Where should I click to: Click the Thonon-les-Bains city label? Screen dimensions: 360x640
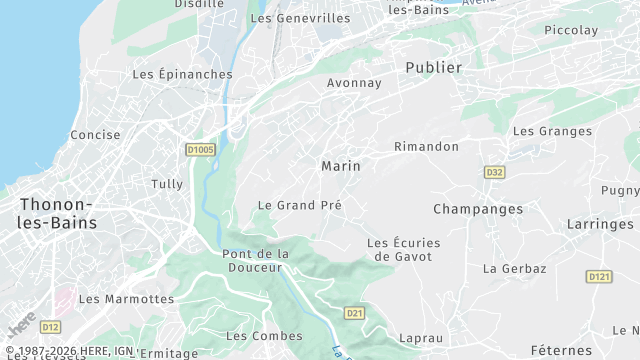[58, 214]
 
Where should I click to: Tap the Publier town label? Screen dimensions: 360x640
[434, 68]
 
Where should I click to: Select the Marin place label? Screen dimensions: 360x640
[341, 166]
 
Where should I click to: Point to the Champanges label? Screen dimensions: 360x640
[478, 209]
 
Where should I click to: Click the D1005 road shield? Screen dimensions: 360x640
[201, 150]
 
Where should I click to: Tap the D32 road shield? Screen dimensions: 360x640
[494, 172]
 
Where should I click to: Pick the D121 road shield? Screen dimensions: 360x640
[599, 276]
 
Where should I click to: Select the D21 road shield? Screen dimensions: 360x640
[354, 313]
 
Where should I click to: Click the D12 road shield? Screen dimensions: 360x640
[51, 327]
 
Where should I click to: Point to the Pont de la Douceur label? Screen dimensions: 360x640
[255, 260]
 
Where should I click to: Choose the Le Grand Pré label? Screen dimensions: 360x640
[300, 205]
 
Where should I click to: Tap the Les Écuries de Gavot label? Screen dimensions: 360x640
[404, 249]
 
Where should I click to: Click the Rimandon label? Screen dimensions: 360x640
[427, 147]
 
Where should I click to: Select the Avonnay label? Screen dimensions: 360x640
[354, 83]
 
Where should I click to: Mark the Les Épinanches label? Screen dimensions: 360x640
[182, 74]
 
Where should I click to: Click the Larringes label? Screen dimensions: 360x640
[600, 225]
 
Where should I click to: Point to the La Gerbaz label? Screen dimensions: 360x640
[515, 269]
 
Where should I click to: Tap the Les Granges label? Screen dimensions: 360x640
[552, 131]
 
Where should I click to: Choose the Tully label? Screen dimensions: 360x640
[167, 184]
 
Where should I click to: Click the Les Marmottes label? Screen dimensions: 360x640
[126, 299]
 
